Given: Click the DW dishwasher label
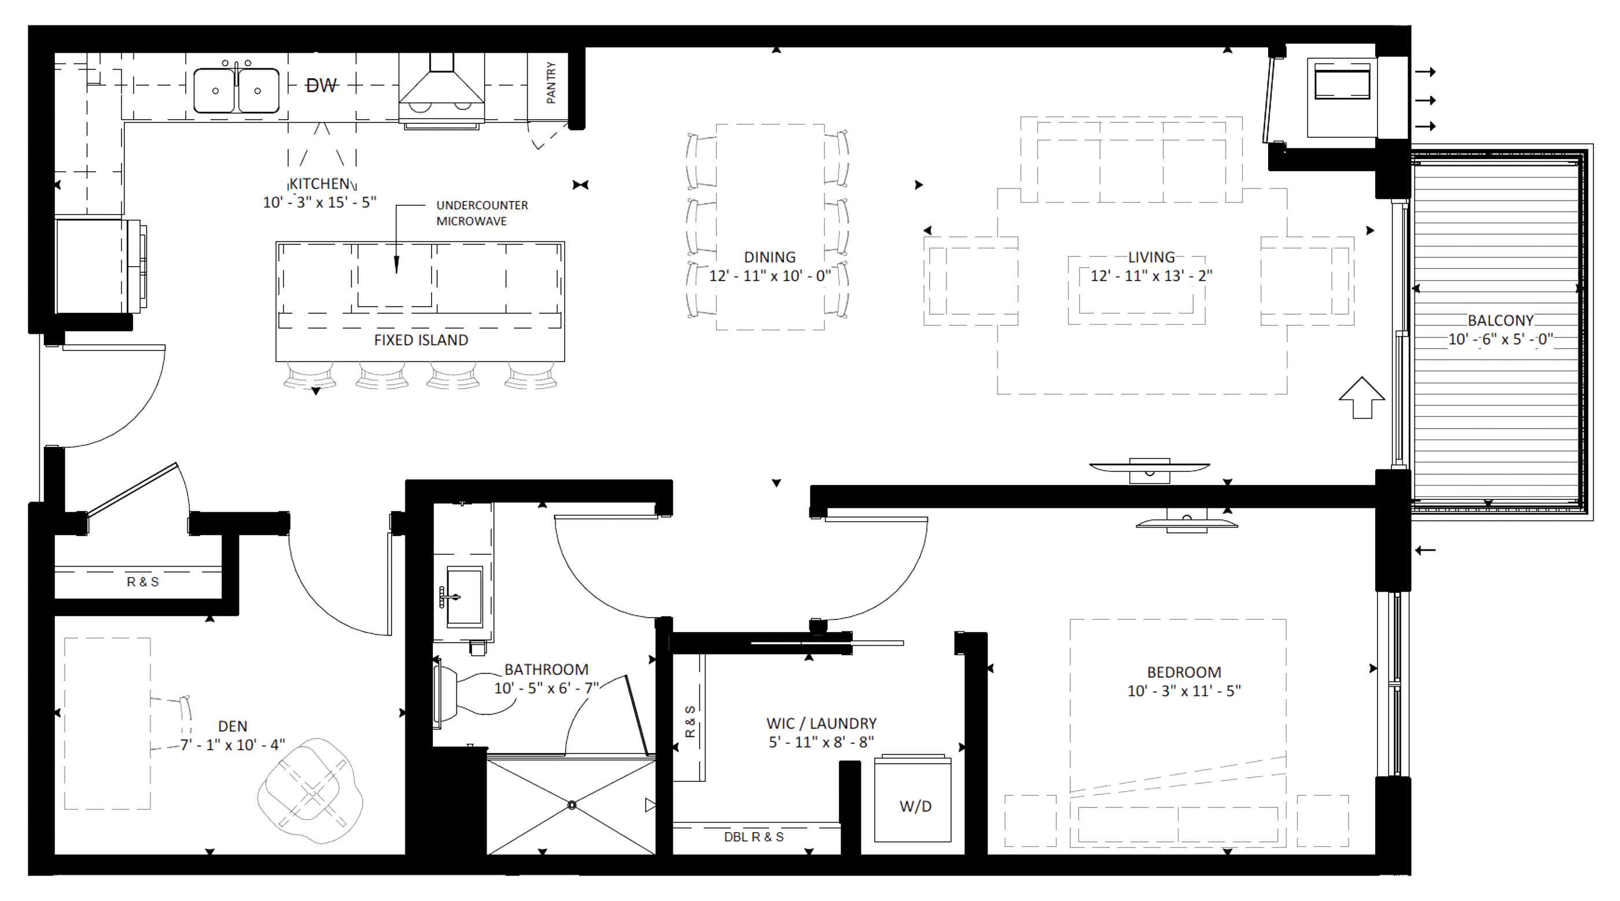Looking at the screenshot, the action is [321, 86].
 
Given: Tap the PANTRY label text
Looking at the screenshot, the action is [551, 82].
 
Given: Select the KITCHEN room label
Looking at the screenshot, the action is [319, 183].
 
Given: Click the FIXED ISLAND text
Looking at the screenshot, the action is [421, 340].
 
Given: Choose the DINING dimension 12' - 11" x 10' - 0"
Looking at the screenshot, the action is [770, 275].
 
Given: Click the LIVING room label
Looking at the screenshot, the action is [1151, 257].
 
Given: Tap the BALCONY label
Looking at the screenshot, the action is [1500, 320].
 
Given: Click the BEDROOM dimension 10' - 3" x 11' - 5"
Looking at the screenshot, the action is [1184, 690].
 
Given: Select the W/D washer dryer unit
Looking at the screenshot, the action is [912, 799].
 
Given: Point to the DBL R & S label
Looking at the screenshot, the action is [753, 837].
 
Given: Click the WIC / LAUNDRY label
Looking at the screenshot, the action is [822, 723].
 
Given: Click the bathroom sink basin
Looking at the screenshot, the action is [464, 596].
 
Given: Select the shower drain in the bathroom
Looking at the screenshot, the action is [572, 805].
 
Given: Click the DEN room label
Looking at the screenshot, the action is [233, 726].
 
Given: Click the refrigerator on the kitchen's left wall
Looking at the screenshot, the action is [101, 265].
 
